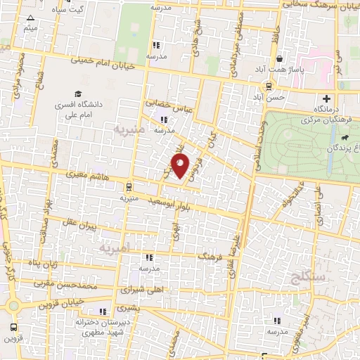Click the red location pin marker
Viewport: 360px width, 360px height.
click(181, 166)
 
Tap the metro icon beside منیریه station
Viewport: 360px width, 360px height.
click(127, 186)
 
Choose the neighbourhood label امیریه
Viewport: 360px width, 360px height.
click(115, 250)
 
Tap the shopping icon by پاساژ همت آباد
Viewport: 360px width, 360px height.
click(281, 59)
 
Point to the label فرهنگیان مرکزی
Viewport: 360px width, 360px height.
click(307, 120)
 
